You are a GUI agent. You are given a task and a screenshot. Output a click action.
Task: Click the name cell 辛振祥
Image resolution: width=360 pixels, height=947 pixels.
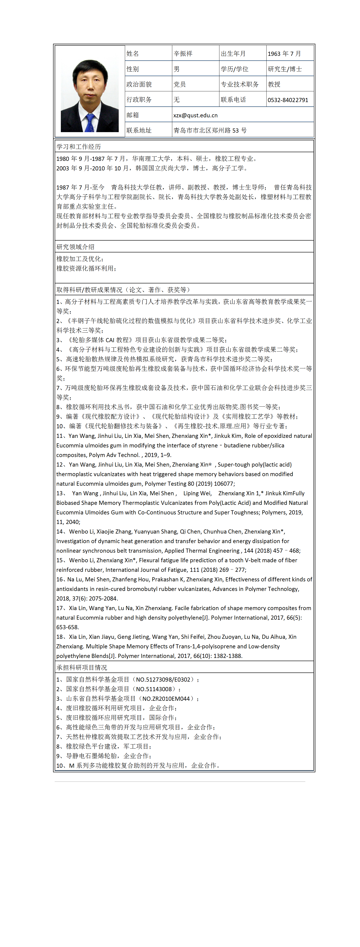tap(183, 54)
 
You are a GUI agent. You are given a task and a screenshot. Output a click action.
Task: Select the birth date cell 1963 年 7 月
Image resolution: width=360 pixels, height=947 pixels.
tap(284, 54)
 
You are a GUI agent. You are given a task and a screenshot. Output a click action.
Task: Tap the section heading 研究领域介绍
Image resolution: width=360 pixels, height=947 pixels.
tap(75, 247)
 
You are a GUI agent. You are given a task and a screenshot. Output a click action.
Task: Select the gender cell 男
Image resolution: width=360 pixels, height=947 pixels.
tap(177, 69)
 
